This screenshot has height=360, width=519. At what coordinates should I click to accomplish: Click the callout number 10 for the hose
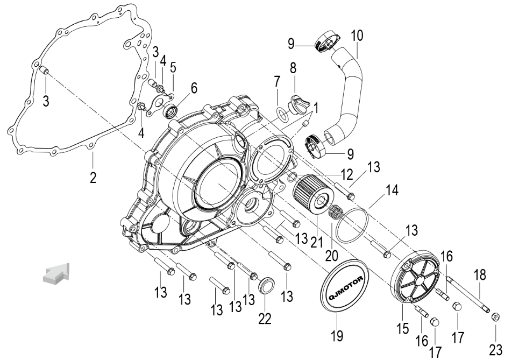point(357,37)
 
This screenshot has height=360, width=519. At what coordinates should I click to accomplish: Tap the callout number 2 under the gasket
point(93,178)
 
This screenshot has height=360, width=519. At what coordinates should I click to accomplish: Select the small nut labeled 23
point(495,319)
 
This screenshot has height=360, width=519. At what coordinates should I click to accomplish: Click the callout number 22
point(264,317)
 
